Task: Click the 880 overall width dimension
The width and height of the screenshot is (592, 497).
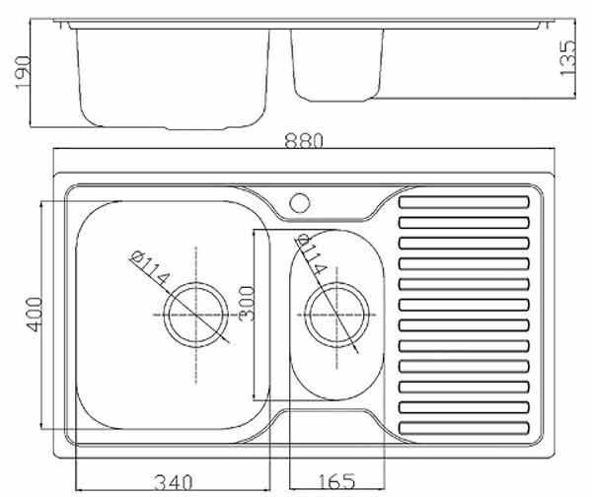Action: point(304,140)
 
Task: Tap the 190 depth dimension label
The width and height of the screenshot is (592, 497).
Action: point(23,72)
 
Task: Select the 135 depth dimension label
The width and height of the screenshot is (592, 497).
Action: point(568,58)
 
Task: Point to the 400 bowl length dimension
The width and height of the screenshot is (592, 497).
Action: point(35,315)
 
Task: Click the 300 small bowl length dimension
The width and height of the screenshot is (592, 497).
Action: point(247,303)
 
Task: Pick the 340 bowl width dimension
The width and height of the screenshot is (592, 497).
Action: point(174,482)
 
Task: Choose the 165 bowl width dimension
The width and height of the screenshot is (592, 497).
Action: point(336,481)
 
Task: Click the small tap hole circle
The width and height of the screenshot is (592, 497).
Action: point(300,203)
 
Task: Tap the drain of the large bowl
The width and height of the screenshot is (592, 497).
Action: point(196,315)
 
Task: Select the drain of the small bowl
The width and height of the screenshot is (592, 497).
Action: point(336,315)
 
